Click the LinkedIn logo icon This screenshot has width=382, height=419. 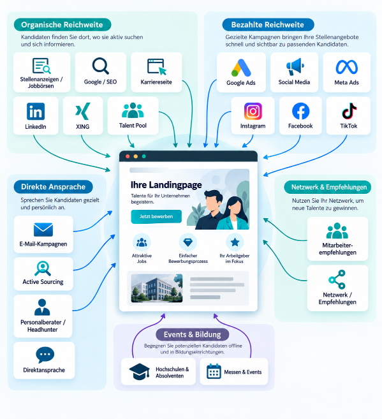click(36, 111)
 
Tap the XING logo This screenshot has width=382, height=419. click(82, 111)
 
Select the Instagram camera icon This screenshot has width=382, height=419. click(253, 111)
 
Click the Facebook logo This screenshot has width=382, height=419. click(300, 111)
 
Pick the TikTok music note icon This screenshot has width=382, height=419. click(349, 111)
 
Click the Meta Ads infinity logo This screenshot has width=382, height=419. click(347, 67)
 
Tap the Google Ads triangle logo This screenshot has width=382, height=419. click(241, 68)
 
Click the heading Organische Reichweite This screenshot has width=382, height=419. click(62, 25)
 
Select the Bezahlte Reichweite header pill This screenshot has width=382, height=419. click(268, 25)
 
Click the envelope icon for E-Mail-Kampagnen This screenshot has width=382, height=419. click(43, 230)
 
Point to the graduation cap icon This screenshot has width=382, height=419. click(140, 372)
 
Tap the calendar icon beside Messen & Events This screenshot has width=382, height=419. click(214, 371)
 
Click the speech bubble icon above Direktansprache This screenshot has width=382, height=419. click(45, 355)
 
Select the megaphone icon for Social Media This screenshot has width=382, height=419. click(295, 66)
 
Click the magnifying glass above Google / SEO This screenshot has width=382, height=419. click(100, 66)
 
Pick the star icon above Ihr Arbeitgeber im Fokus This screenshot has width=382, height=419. click(235, 242)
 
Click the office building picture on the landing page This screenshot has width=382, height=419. click(157, 288)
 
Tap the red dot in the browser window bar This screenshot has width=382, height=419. click(128, 156)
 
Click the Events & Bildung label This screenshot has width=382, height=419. click(193, 335)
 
